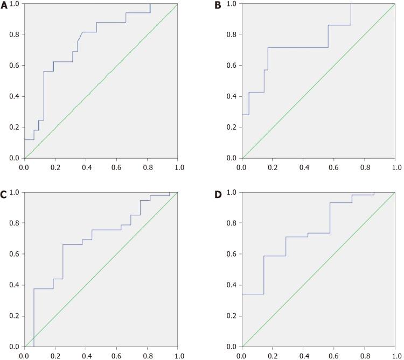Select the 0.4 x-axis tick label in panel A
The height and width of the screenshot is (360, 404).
[x=86, y=167]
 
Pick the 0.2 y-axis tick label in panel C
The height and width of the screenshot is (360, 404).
[x=15, y=316]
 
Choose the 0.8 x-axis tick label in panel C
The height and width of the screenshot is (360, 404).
[x=147, y=356]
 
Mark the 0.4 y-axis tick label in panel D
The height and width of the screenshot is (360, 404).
[x=232, y=285]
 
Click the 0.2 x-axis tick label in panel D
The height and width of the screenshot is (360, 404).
[x=273, y=356]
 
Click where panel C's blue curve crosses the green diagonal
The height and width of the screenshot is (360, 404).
[x=34, y=337]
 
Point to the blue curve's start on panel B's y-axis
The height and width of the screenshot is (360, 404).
[x=242, y=115]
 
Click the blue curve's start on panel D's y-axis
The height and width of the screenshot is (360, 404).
[x=242, y=294]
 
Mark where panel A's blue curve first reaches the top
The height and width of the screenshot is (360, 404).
[x=150, y=4]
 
